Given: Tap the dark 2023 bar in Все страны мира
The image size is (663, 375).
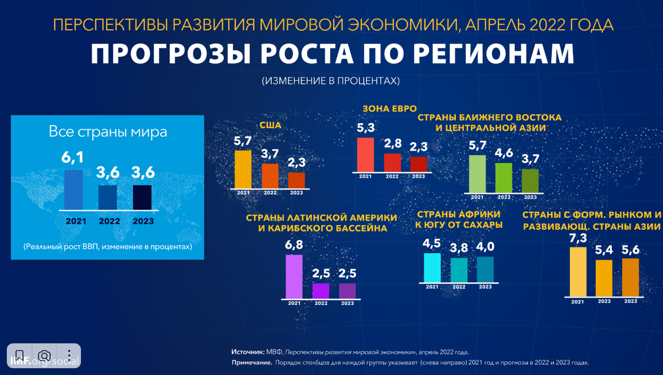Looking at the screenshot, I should tap(142, 197).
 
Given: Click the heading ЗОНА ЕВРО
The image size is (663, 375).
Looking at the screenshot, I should tap(389, 108).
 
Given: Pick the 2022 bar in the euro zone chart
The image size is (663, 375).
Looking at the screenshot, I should tap(392, 163).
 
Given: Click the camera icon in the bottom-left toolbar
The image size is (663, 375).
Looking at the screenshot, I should tap(44, 355).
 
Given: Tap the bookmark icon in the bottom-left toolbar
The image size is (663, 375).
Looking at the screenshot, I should tap(19, 355).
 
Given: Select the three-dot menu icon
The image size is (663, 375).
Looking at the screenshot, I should tap(69, 355).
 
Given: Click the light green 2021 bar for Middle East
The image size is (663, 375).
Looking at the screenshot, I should tap(477, 174).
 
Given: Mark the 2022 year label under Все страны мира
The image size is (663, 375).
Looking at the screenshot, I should tap(109, 221).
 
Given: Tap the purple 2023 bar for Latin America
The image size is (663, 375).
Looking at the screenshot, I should tap(347, 291).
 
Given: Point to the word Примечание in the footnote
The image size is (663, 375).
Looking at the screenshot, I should tap(251, 362).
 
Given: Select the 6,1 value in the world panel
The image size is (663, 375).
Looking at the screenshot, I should tap(73, 158).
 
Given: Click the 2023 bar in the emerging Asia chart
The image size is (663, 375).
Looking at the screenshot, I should tap(630, 277).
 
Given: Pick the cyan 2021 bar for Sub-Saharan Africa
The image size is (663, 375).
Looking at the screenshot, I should tap(432, 267).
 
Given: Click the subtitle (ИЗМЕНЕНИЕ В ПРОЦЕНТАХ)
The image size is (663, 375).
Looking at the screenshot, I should tap(330, 81).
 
